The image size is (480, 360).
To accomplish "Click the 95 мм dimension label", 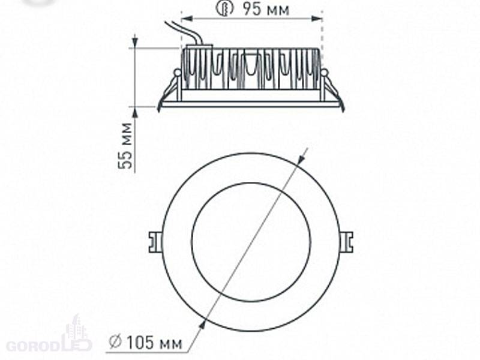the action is (266, 10).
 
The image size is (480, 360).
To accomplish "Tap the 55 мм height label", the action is (126, 145).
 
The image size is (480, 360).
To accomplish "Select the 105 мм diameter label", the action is (154, 343).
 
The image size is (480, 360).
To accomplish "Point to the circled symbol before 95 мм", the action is (226, 9).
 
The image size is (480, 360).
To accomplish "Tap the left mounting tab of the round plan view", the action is (155, 242).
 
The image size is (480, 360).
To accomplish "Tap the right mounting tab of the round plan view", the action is (346, 242).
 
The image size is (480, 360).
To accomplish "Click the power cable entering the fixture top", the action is (185, 33).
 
